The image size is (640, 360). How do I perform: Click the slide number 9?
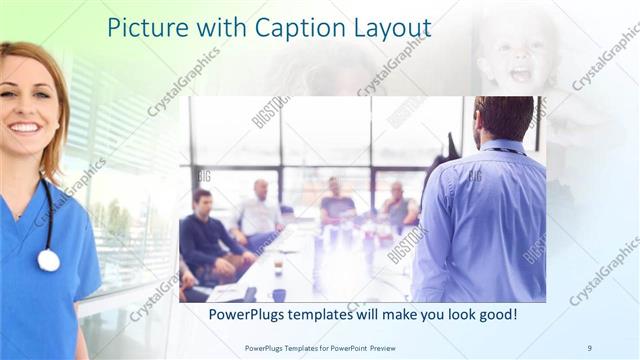(x=589, y=347)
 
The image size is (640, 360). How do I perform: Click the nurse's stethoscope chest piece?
(x=48, y=260)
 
